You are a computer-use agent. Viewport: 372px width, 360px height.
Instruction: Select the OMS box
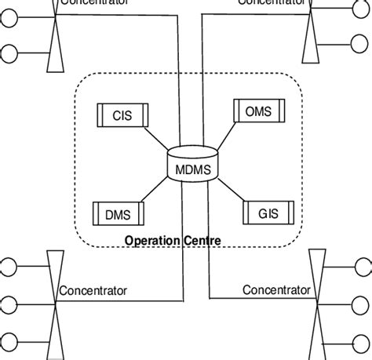258,112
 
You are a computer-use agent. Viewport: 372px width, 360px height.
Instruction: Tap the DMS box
118,212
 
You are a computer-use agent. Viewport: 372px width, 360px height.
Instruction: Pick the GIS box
268,212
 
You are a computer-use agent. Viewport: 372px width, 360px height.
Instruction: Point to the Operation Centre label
173,240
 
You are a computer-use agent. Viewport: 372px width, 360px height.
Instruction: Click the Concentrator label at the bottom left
93,291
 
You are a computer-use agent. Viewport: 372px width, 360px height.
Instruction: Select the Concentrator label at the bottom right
276,290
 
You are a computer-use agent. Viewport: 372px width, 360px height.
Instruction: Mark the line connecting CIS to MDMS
158,138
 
